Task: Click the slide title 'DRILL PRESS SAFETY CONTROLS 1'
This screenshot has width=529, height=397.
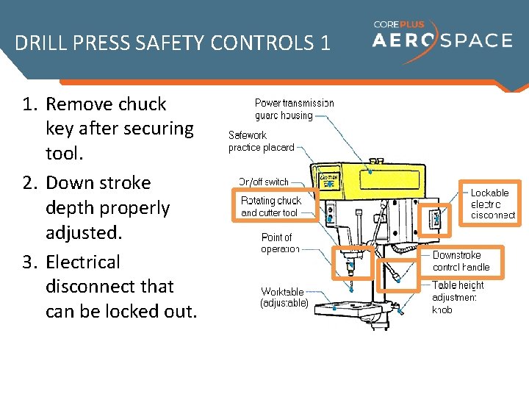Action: point(173,43)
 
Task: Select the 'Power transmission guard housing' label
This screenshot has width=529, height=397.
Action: point(294,110)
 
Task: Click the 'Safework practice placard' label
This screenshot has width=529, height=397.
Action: point(261,141)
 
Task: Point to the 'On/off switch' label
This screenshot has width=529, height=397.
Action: point(263,182)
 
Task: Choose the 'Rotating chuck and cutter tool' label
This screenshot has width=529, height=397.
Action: point(270,207)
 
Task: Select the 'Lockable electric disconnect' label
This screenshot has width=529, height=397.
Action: point(492,204)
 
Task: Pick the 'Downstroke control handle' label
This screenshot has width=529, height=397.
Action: point(461,261)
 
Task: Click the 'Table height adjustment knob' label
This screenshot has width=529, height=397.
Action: point(458,297)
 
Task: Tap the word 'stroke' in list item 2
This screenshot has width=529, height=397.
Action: point(123,182)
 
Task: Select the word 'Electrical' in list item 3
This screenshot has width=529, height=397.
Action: point(83,262)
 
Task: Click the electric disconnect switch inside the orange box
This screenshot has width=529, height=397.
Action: point(435,218)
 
